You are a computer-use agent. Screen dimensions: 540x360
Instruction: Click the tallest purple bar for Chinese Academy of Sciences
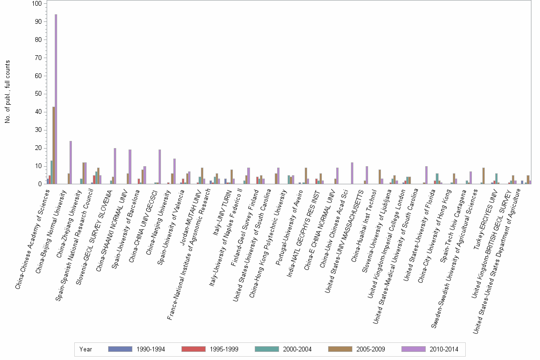[x=56, y=99]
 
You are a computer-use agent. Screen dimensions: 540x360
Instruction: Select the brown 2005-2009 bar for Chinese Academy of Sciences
[x=54, y=145]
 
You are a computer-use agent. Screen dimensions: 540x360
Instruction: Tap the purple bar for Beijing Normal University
[x=70, y=162]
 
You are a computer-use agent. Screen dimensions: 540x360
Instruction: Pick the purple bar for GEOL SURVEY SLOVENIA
[x=115, y=166]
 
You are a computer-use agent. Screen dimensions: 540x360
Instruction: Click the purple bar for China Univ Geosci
[x=160, y=167]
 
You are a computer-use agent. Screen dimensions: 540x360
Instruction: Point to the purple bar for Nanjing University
[x=175, y=171]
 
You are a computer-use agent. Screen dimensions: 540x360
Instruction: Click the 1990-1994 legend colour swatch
[x=120, y=349]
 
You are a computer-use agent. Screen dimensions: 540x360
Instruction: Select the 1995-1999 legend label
[x=224, y=350]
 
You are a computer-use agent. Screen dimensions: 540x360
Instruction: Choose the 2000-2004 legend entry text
[x=297, y=350]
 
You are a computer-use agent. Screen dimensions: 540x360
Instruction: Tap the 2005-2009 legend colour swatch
[x=340, y=349]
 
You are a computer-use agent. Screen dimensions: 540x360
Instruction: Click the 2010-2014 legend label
[x=444, y=350]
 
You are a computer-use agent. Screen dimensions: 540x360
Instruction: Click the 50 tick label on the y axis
[x=38, y=94]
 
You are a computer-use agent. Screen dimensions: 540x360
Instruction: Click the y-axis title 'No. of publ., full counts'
[x=8, y=91]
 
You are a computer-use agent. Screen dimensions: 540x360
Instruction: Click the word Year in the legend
[x=86, y=350]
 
